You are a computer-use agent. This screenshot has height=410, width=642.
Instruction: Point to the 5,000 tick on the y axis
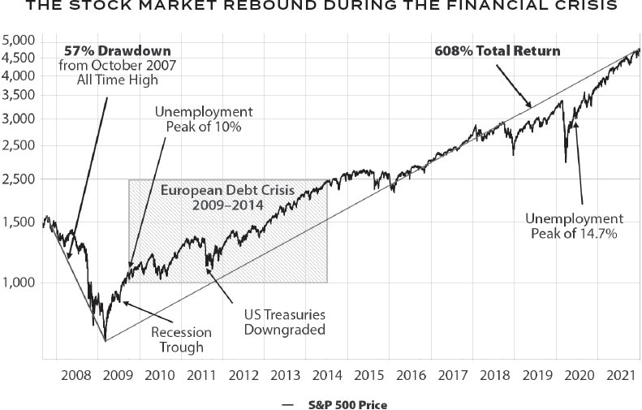(x=20, y=41)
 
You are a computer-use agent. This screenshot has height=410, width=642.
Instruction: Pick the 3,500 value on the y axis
(x=20, y=95)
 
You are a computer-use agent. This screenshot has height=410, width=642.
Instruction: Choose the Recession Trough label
(x=180, y=340)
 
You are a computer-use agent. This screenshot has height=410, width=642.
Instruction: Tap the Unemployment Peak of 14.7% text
(x=573, y=227)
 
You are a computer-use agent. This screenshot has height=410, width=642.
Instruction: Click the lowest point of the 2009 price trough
(x=105, y=339)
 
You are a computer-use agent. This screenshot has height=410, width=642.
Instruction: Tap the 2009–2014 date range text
(x=228, y=206)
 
